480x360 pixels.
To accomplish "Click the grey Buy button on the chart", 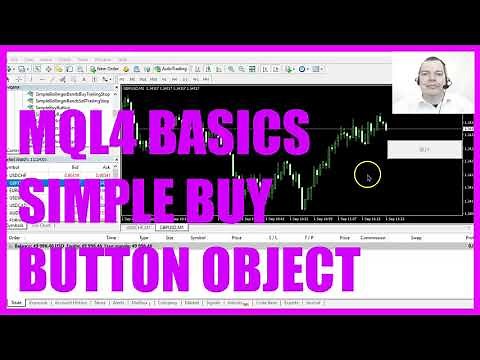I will [x=424, y=149].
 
